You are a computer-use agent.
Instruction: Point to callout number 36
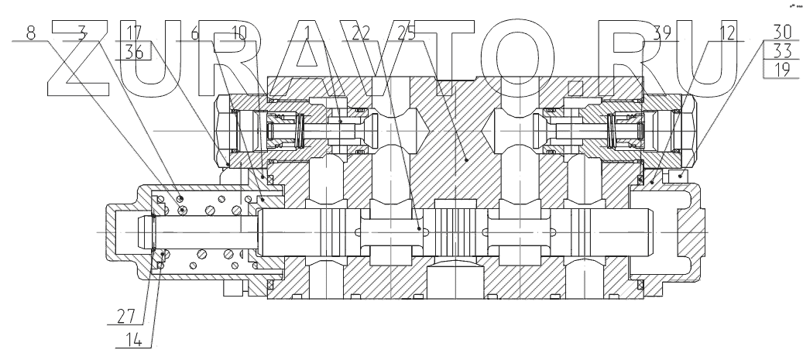pyautogui.click(x=133, y=51)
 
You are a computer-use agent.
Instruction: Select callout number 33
pyautogui.click(x=781, y=51)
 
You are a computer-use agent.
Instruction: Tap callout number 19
pyautogui.click(x=781, y=70)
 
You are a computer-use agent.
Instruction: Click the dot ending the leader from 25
pyautogui.click(x=419, y=229)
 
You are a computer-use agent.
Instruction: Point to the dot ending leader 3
pyautogui.click(x=184, y=210)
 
